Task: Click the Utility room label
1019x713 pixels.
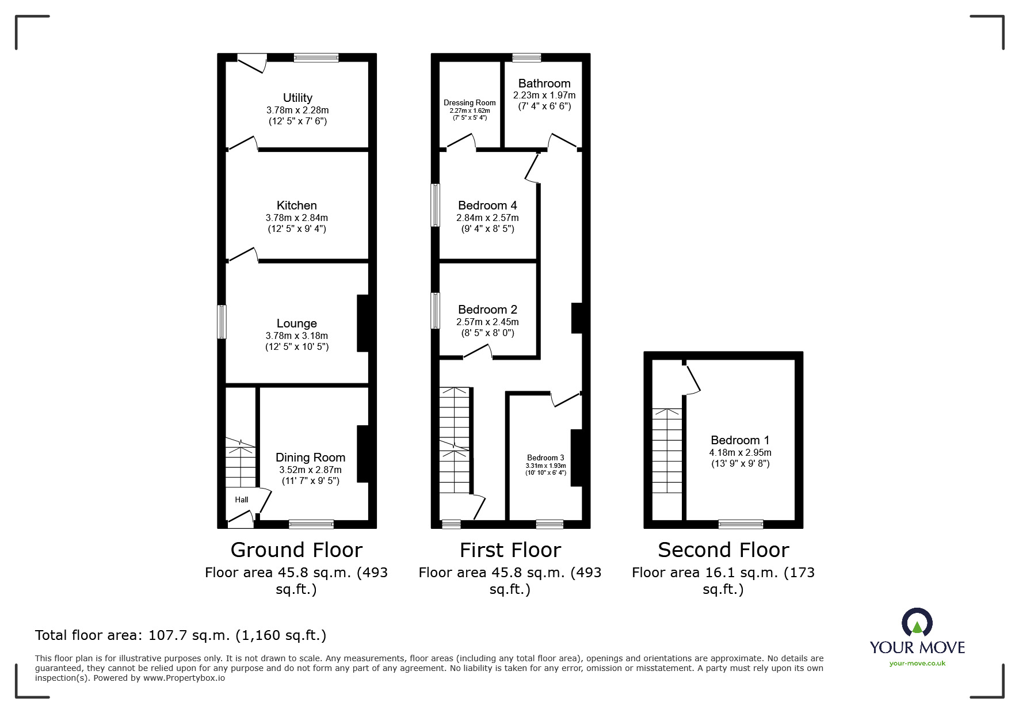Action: (297, 98)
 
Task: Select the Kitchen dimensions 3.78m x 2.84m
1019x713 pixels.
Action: (297, 218)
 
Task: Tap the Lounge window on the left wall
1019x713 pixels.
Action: (222, 322)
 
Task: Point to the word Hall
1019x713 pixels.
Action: (242, 500)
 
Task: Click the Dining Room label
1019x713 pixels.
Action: (310, 457)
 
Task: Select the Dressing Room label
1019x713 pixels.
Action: (470, 103)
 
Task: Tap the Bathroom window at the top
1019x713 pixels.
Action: (526, 58)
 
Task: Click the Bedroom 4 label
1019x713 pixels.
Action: (487, 205)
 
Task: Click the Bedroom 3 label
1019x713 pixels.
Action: (545, 458)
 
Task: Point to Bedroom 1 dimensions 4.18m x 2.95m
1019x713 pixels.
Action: (740, 452)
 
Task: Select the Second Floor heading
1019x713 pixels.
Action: (723, 550)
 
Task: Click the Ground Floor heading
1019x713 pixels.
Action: (296, 550)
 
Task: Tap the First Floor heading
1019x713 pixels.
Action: (510, 550)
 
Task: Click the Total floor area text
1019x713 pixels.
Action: (181, 635)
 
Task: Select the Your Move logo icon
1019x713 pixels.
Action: (917, 623)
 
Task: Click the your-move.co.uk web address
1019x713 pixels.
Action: (917, 664)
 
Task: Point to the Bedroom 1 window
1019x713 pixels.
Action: (741, 524)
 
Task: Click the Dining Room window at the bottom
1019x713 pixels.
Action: (311, 524)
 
